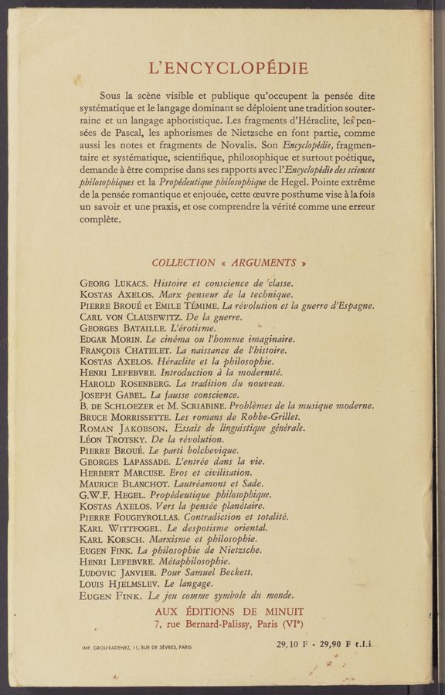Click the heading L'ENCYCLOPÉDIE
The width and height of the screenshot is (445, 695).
tap(228, 68)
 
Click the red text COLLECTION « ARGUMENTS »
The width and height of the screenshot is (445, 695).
tap(229, 263)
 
